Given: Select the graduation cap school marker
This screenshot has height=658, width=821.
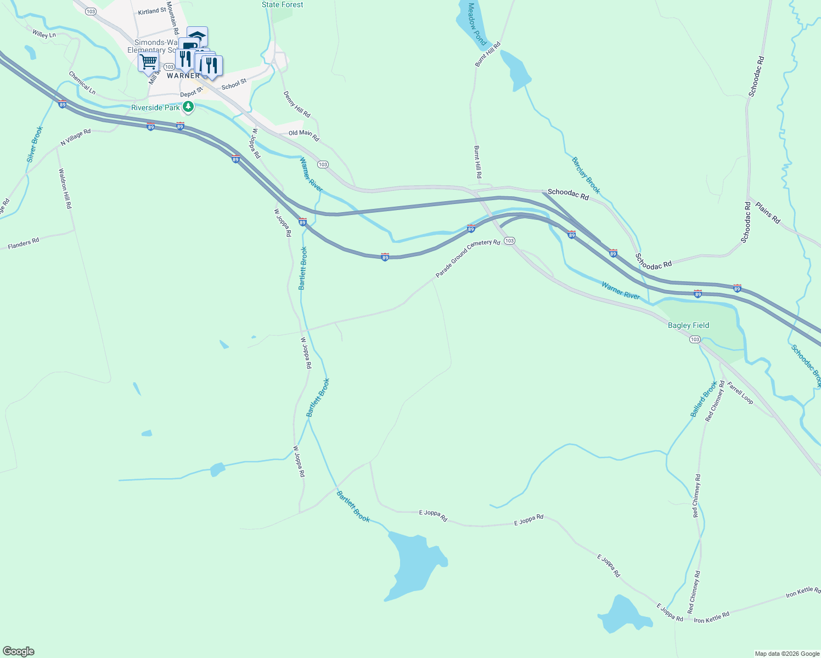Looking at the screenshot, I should coord(197,36).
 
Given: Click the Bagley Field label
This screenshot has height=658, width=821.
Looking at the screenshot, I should coord(688,325).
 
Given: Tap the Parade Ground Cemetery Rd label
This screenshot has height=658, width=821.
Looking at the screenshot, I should coord(468,258).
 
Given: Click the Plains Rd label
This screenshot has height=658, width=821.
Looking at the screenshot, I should coord(768,213).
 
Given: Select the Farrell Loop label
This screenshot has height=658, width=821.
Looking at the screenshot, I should coord(740,393).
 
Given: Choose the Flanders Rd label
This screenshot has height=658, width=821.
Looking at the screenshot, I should coord(24,243).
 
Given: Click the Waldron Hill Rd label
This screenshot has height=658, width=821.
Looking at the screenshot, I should coord(65,188).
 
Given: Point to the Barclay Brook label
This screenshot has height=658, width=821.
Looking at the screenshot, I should coord(586,175).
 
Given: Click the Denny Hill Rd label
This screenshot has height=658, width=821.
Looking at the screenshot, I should coord(297,104).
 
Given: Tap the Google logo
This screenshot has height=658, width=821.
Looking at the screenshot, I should coord(19,651).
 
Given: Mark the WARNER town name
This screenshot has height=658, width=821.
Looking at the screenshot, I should coord(183,76).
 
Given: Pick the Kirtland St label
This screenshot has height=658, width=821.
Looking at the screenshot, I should coord(152,11).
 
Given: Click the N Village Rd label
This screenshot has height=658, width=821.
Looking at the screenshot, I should coord(76,138).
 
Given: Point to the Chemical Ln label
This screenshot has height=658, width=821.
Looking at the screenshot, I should coord(82,82).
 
